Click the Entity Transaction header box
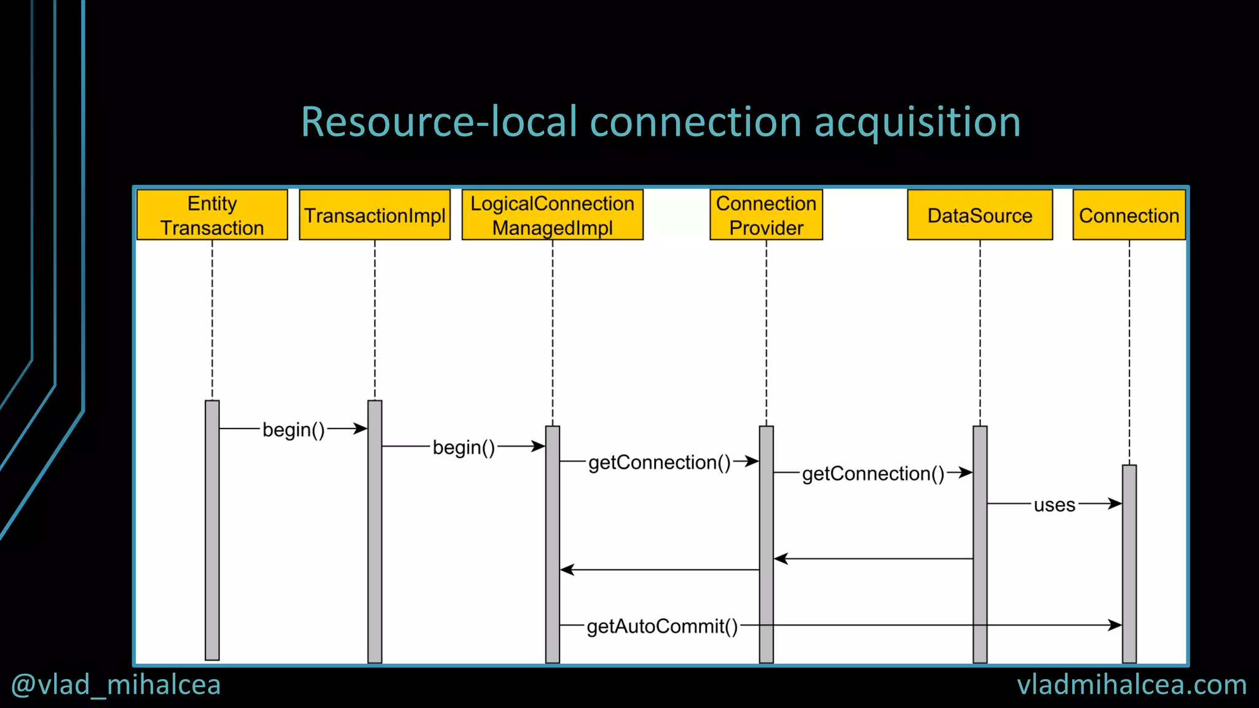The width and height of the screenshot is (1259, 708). [x=212, y=215]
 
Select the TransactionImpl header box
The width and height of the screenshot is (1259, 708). [x=374, y=215]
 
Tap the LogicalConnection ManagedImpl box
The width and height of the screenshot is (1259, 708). [x=552, y=215]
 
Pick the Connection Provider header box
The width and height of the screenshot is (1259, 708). [x=766, y=215]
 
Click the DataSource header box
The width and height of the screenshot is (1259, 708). [x=979, y=215]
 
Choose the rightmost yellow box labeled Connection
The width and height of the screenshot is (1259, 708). [x=1129, y=215]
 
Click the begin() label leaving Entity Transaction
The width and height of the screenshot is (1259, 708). [x=293, y=430]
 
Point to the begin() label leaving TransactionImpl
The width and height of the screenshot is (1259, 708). [x=464, y=447]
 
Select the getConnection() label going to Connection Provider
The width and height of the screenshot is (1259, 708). [x=659, y=462]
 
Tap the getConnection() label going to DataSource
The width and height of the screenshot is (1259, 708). [x=873, y=474]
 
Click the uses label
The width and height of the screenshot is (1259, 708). [x=1054, y=505]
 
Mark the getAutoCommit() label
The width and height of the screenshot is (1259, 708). [x=662, y=626]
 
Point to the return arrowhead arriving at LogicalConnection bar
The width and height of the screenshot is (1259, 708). [x=567, y=570]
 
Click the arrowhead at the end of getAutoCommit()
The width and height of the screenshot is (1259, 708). [x=1115, y=625]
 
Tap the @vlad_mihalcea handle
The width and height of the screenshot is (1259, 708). [x=116, y=685]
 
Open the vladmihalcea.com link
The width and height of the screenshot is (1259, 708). [x=1131, y=685]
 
